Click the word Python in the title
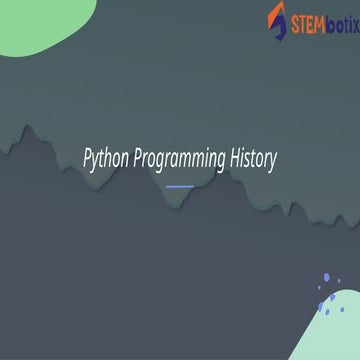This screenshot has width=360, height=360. click(x=105, y=158)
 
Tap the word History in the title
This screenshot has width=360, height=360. click(x=252, y=158)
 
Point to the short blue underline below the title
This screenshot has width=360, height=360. click(x=179, y=186)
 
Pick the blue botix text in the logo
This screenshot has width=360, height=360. click(x=339, y=18)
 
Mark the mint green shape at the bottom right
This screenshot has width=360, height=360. click(x=340, y=335)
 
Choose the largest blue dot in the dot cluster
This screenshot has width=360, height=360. click(x=326, y=280)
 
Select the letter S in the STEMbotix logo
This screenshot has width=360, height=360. click(x=292, y=18)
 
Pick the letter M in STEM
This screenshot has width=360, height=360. click(x=319, y=18)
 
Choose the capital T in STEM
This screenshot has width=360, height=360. click(x=300, y=18)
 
